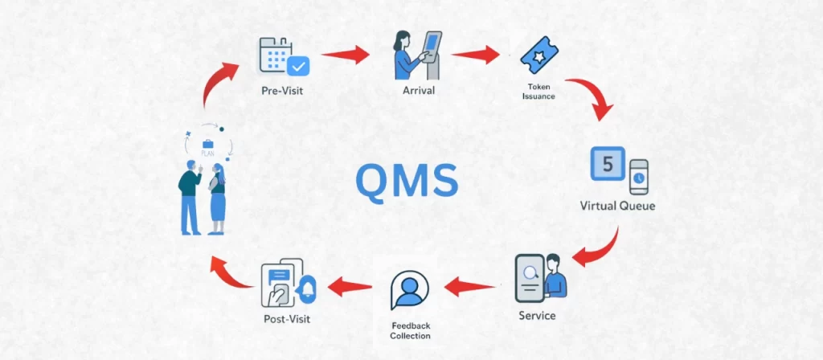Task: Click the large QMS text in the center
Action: coord(407,181)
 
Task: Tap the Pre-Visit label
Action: coord(282,90)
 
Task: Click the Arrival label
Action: coord(418,90)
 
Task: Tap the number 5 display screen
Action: coord(608,165)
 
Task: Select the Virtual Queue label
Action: coord(617,206)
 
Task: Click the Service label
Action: coord(538,316)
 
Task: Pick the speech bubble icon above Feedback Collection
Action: coord(410,290)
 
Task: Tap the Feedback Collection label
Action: coord(410,330)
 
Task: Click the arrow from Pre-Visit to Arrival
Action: coord(345,55)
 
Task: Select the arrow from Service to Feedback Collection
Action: coord(471,286)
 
